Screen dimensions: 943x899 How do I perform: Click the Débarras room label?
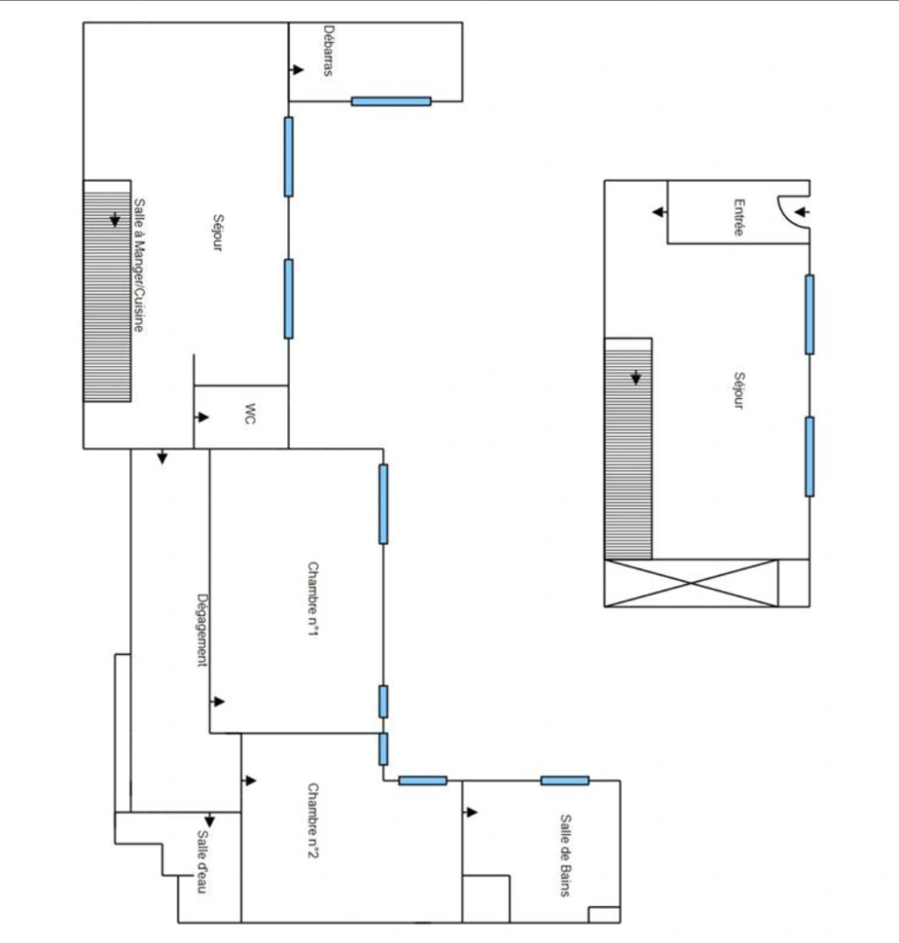pos(328,51)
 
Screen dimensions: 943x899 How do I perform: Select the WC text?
pos(250,416)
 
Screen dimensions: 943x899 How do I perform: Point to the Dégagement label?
pos(202,630)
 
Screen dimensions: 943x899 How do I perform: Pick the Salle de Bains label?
pos(565,855)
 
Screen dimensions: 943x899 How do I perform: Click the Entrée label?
pos(739,218)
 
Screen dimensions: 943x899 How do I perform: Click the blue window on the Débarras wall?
pos(391,101)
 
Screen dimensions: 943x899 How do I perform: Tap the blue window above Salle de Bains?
pos(564,781)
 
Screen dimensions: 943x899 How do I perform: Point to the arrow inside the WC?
pos(203,417)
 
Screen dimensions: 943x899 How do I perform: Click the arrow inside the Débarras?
pos(298,69)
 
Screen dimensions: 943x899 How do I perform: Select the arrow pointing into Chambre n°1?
pos(218,701)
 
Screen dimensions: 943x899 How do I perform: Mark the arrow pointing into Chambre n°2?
pos(251,781)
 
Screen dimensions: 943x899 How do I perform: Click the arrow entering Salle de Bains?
pos(472,812)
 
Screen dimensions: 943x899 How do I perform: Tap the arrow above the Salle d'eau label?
pos(209,821)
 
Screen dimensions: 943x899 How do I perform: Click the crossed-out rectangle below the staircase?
pos(690,582)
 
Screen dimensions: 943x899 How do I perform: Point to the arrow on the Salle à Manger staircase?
pos(115,219)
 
